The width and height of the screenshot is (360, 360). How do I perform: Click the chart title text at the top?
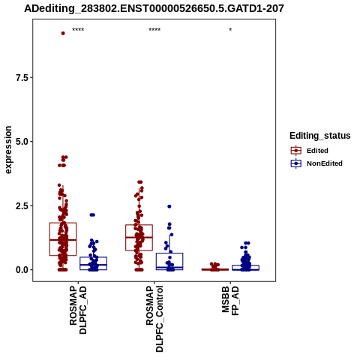(x=154, y=8)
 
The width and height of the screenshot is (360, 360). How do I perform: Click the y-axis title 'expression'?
(x=8, y=150)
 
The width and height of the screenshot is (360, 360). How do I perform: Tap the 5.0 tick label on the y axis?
(x=22, y=142)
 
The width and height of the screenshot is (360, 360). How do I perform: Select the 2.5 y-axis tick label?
(x=22, y=206)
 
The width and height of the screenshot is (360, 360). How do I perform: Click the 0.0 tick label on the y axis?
(x=22, y=270)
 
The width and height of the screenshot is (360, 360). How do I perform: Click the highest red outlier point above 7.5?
(x=63, y=33)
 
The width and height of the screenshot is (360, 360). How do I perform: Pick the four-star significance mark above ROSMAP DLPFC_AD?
(x=78, y=30)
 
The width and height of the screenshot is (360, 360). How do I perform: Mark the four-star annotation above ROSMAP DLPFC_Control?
(x=154, y=30)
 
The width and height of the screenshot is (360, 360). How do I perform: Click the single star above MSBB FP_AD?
(x=230, y=30)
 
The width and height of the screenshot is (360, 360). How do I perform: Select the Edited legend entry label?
(x=317, y=151)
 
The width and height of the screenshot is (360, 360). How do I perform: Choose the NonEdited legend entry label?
(x=325, y=163)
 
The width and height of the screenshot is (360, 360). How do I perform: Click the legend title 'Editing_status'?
(x=320, y=136)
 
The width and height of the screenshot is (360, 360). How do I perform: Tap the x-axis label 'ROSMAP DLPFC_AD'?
(x=78, y=310)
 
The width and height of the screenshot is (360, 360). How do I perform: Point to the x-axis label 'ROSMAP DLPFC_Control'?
(x=154, y=319)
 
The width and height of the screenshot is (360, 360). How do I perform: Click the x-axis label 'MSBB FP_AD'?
(x=230, y=301)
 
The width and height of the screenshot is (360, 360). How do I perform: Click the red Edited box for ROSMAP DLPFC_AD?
(x=63, y=223)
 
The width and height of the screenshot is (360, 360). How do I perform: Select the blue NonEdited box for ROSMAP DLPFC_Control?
(x=169, y=253)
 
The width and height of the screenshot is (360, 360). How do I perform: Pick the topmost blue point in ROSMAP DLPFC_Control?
(x=169, y=206)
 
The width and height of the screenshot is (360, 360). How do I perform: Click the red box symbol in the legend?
(x=296, y=151)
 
